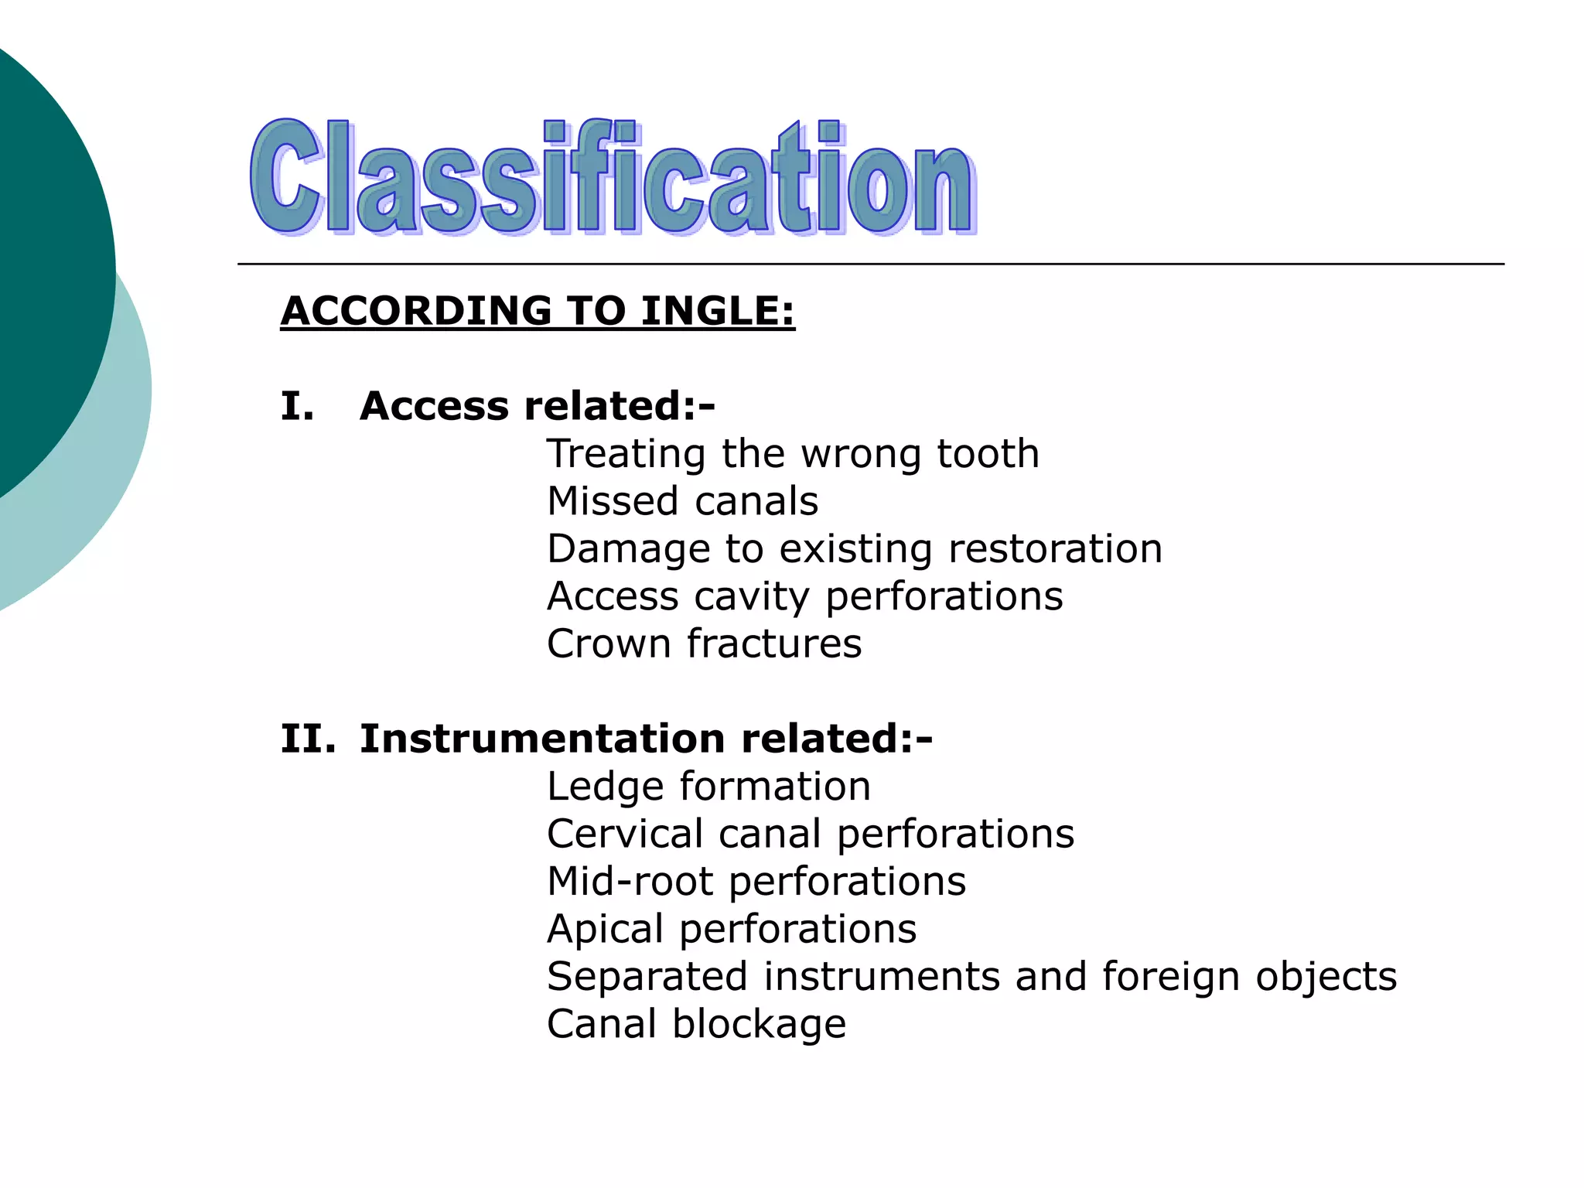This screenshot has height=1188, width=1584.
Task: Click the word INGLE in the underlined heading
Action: pyautogui.click(x=716, y=311)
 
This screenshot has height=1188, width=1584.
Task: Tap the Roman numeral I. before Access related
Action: pyautogui.click(x=297, y=406)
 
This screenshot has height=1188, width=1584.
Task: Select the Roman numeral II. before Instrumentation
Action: pyautogui.click(x=308, y=739)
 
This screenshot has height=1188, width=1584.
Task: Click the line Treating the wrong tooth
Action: pyautogui.click(x=793, y=454)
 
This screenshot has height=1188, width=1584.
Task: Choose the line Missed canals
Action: pyautogui.click(x=682, y=501)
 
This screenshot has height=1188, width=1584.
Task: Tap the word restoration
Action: pyautogui.click(x=1055, y=549)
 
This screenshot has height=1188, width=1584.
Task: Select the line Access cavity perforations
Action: pyautogui.click(x=804, y=596)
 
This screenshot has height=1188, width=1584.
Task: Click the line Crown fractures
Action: pyautogui.click(x=704, y=644)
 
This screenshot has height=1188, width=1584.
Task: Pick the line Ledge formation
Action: pyautogui.click(x=708, y=787)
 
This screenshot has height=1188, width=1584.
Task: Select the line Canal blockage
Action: pyautogui.click(x=696, y=1025)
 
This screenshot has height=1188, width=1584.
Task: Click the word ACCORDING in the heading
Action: pyautogui.click(x=416, y=311)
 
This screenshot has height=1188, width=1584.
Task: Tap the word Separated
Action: pyautogui.click(x=647, y=977)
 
